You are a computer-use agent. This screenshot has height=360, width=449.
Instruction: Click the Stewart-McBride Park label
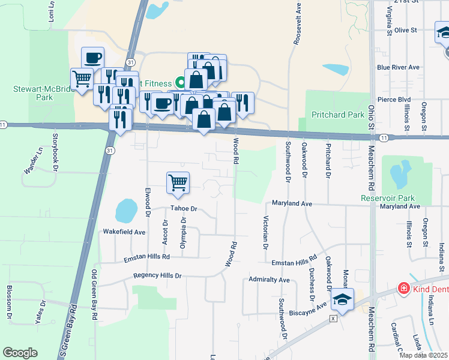36,92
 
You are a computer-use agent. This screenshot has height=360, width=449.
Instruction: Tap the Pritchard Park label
338,115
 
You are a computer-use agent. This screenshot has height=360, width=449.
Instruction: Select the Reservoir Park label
396,198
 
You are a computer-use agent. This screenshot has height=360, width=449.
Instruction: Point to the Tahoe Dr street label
184,209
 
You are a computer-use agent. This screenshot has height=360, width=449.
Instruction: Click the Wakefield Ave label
124,232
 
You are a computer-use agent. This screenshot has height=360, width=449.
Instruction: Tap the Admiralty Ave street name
269,280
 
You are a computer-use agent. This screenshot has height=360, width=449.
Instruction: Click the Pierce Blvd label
393,100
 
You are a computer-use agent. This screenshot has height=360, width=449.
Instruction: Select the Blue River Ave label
397,68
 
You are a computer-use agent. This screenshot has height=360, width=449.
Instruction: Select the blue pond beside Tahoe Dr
126,211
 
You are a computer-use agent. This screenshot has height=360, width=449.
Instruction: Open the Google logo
20,353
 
